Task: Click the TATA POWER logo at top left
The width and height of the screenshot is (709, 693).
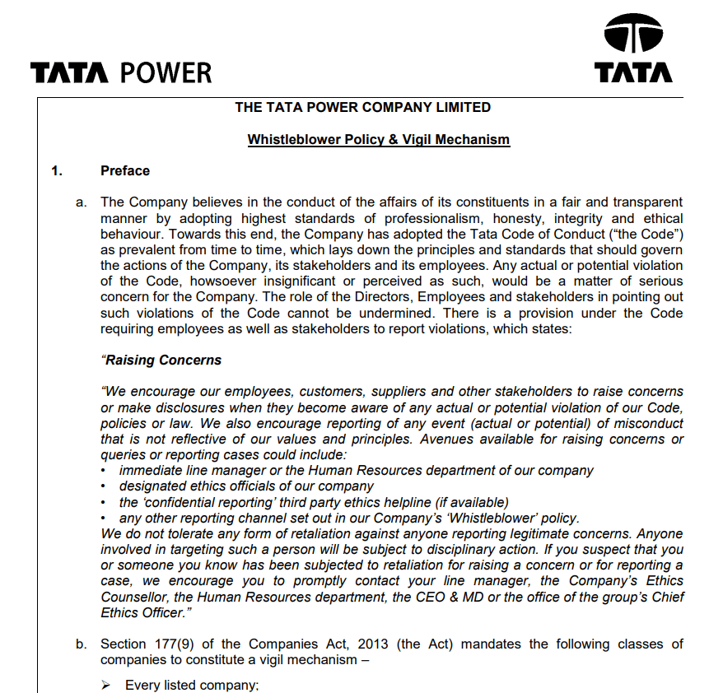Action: click(121, 73)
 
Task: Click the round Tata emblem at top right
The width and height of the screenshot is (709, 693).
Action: click(633, 36)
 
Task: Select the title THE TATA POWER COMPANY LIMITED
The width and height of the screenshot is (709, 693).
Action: click(362, 108)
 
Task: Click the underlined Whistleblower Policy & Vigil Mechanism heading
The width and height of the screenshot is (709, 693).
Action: click(379, 140)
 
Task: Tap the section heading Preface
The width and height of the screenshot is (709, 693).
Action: click(125, 171)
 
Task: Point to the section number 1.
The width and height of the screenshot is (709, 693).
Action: click(56, 171)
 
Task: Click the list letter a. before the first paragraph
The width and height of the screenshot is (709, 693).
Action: click(82, 202)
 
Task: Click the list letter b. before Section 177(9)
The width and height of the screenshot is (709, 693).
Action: click(82, 644)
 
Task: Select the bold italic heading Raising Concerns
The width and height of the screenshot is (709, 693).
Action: click(162, 360)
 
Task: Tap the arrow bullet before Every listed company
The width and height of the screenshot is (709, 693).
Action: click(106, 685)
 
